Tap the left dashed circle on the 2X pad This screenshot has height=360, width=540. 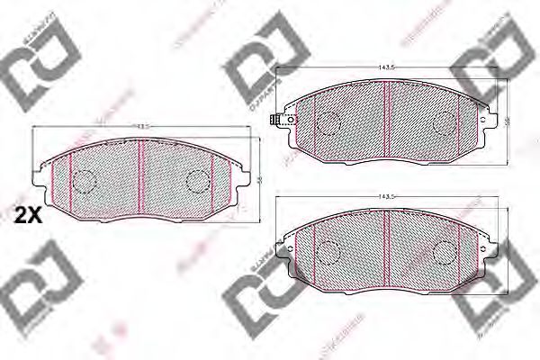[x=84, y=182]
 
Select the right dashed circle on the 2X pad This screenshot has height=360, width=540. [x=196, y=182]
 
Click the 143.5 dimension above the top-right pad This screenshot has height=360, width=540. [x=387, y=66]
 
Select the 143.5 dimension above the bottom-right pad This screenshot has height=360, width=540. [x=387, y=196]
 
